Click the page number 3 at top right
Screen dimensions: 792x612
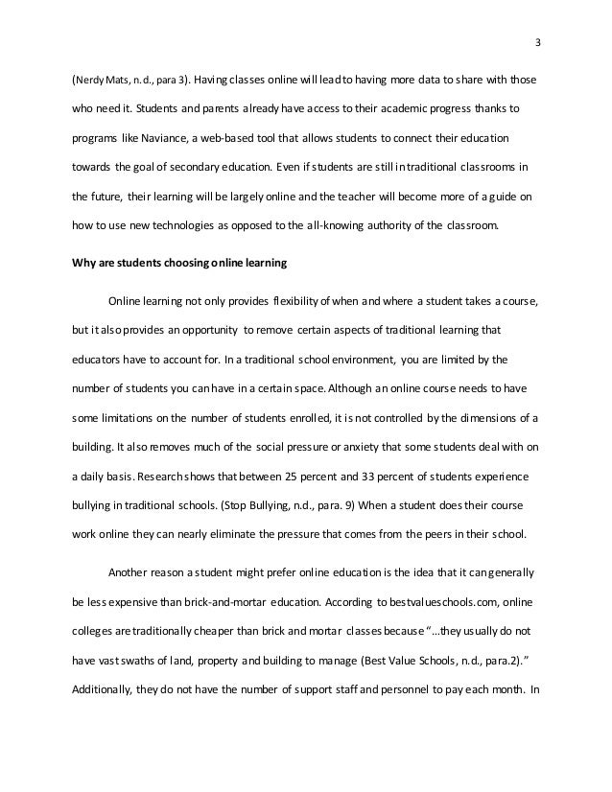[538, 41]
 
